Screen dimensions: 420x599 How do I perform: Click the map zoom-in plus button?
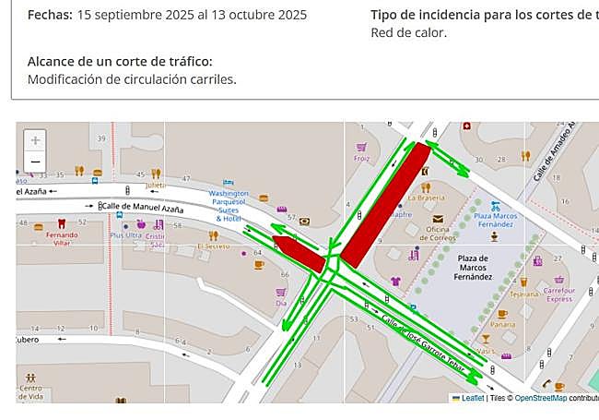point(35,140)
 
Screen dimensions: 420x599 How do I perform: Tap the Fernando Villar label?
point(61,239)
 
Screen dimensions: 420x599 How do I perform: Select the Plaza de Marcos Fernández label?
point(472,267)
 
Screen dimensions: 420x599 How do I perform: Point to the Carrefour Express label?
point(558,294)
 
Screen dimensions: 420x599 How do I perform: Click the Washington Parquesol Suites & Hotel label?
point(228,206)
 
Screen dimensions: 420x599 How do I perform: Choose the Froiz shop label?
point(361,158)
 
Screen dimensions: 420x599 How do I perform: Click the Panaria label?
point(502,325)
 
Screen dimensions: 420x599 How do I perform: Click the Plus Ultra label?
point(126,235)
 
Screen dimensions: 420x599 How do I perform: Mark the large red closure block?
point(385,204)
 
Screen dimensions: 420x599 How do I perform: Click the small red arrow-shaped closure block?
point(299,252)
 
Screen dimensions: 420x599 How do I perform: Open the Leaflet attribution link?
point(473,398)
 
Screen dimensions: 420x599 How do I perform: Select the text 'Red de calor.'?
point(408,32)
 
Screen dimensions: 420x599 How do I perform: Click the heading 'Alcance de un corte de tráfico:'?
point(120,61)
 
